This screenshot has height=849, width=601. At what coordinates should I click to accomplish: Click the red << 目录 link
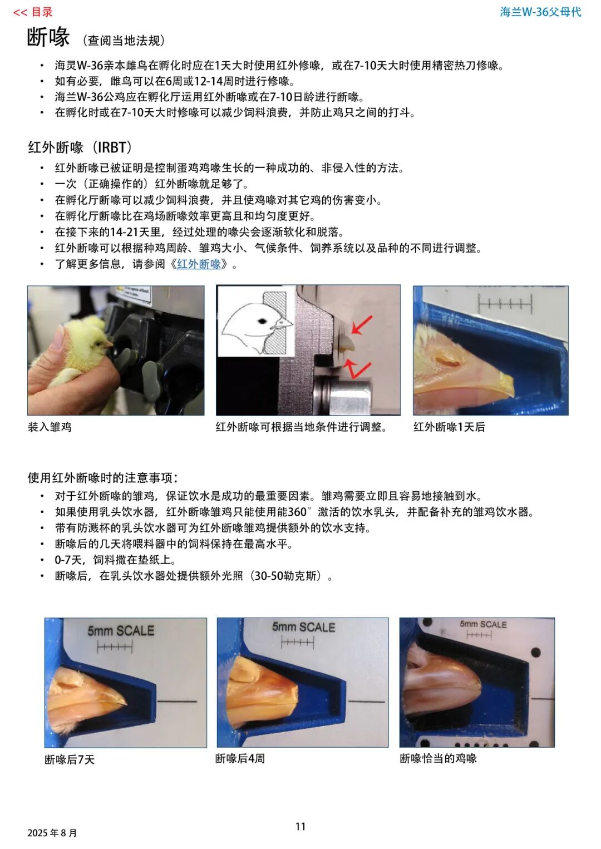pyautogui.click(x=33, y=12)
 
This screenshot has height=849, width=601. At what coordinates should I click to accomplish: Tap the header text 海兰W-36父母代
pyautogui.click(x=540, y=12)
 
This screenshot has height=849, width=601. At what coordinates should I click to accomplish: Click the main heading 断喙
pyautogui.click(x=48, y=37)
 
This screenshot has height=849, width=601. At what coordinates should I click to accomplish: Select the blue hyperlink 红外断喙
pyautogui.click(x=199, y=264)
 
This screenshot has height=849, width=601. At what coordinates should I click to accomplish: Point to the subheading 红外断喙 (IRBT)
pyautogui.click(x=80, y=147)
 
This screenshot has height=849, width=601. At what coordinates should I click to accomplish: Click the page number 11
pyautogui.click(x=300, y=826)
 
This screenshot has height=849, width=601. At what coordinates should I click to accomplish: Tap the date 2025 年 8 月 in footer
pyautogui.click(x=52, y=833)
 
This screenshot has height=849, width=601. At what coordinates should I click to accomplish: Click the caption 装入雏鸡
pyautogui.click(x=50, y=427)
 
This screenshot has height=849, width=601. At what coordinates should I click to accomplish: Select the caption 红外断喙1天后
pyautogui.click(x=449, y=427)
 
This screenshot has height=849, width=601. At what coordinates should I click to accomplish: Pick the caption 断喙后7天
pyautogui.click(x=70, y=759)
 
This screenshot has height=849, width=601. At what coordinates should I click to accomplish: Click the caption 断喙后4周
pyautogui.click(x=240, y=758)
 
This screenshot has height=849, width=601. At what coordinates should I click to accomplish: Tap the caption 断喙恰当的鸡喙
pyautogui.click(x=438, y=758)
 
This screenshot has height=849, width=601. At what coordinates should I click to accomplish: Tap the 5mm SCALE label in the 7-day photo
pyautogui.click(x=121, y=631)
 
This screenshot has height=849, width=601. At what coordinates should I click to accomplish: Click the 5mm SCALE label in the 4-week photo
pyautogui.click(x=303, y=627)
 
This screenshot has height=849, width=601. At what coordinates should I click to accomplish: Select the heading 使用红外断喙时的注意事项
pyautogui.click(x=102, y=478)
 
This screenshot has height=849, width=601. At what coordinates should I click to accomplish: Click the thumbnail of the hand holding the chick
pyautogui.click(x=116, y=350)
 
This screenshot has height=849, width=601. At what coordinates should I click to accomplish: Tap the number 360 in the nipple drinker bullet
pyautogui.click(x=297, y=512)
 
